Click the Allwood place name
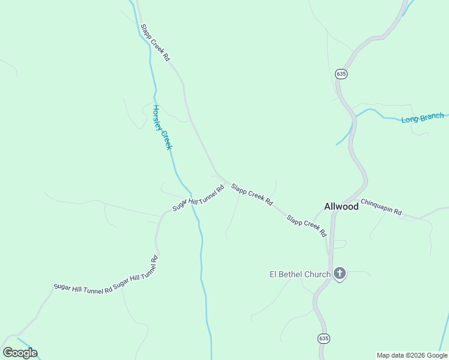341,206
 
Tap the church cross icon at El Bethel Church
339,275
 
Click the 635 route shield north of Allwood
341,74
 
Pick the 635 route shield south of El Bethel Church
324,338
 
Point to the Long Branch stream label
423,118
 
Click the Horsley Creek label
162,127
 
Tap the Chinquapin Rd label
381,208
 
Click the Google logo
20,353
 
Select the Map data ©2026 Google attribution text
411,355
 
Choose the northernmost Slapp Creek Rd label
155,43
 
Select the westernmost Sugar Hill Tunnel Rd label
83,287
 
